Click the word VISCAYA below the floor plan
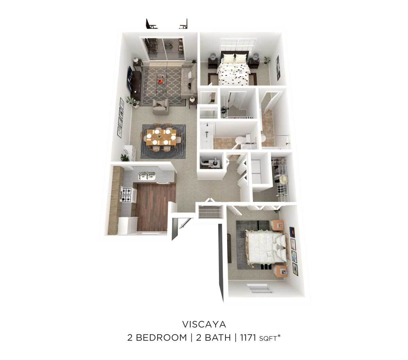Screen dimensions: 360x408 pyautogui.click(x=204, y=323)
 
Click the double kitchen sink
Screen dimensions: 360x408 pyautogui.click(x=147, y=176)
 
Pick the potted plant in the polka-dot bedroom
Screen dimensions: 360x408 pyautogui.click(x=267, y=61)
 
